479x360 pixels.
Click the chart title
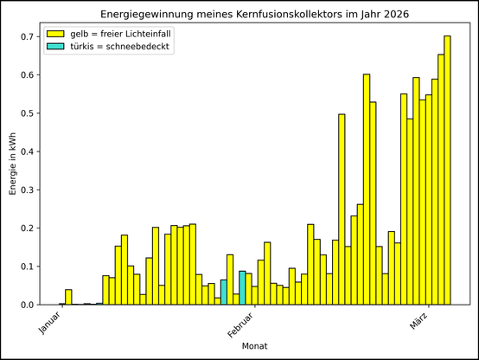(x=255, y=16)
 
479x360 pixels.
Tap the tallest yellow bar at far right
(x=447, y=173)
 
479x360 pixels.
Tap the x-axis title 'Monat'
(x=255, y=345)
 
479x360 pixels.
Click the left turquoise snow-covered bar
(x=223, y=292)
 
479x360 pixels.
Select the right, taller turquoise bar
(x=242, y=288)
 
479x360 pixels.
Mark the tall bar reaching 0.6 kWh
(x=367, y=190)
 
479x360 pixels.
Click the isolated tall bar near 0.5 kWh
(x=342, y=212)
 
